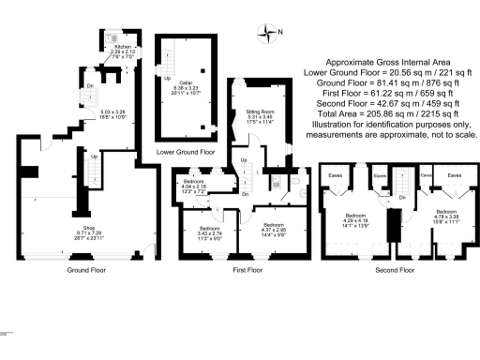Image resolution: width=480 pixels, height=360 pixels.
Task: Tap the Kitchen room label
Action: (x=123, y=44)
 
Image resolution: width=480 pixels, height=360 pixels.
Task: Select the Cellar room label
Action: (x=187, y=82)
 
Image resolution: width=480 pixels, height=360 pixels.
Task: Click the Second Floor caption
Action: (x=394, y=270)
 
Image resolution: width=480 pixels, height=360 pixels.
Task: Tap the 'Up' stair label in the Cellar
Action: (x=169, y=79)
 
